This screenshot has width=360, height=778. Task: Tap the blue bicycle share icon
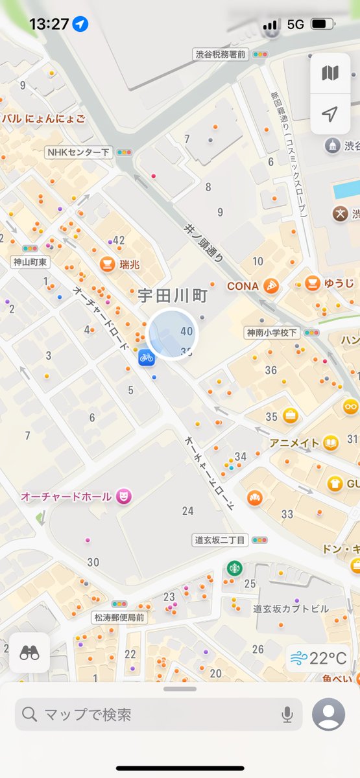coord(145,357)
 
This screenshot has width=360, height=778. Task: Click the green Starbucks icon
coord(234,568)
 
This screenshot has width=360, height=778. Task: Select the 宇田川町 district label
coord(173,296)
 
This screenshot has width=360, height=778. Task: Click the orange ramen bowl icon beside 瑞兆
coord(107,264)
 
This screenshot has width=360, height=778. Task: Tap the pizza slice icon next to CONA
coord(271,286)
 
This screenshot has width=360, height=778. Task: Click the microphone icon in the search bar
coord(287,714)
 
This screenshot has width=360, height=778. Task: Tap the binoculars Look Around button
coord(30,653)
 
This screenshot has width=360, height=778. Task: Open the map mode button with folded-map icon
coord(330,73)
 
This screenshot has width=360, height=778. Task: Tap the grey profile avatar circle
coord(328,714)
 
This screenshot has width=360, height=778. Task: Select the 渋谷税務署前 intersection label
coord(221,55)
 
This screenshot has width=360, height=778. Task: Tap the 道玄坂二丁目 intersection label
coord(220,539)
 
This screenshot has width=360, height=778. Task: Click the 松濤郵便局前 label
coord(119,618)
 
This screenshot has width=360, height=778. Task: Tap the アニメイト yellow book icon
coord(331,443)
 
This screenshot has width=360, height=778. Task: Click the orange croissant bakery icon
coord(254,497)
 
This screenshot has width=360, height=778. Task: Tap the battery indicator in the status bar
coord(321,24)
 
